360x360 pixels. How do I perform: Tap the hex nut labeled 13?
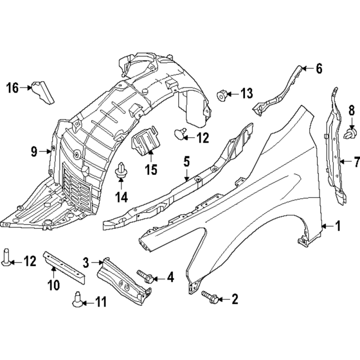click(222, 95)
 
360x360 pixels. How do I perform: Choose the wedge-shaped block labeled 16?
click(42, 92)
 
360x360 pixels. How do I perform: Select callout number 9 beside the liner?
click(34, 152)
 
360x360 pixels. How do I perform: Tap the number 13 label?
click(246, 94)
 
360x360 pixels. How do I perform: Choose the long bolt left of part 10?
click(6, 257)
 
